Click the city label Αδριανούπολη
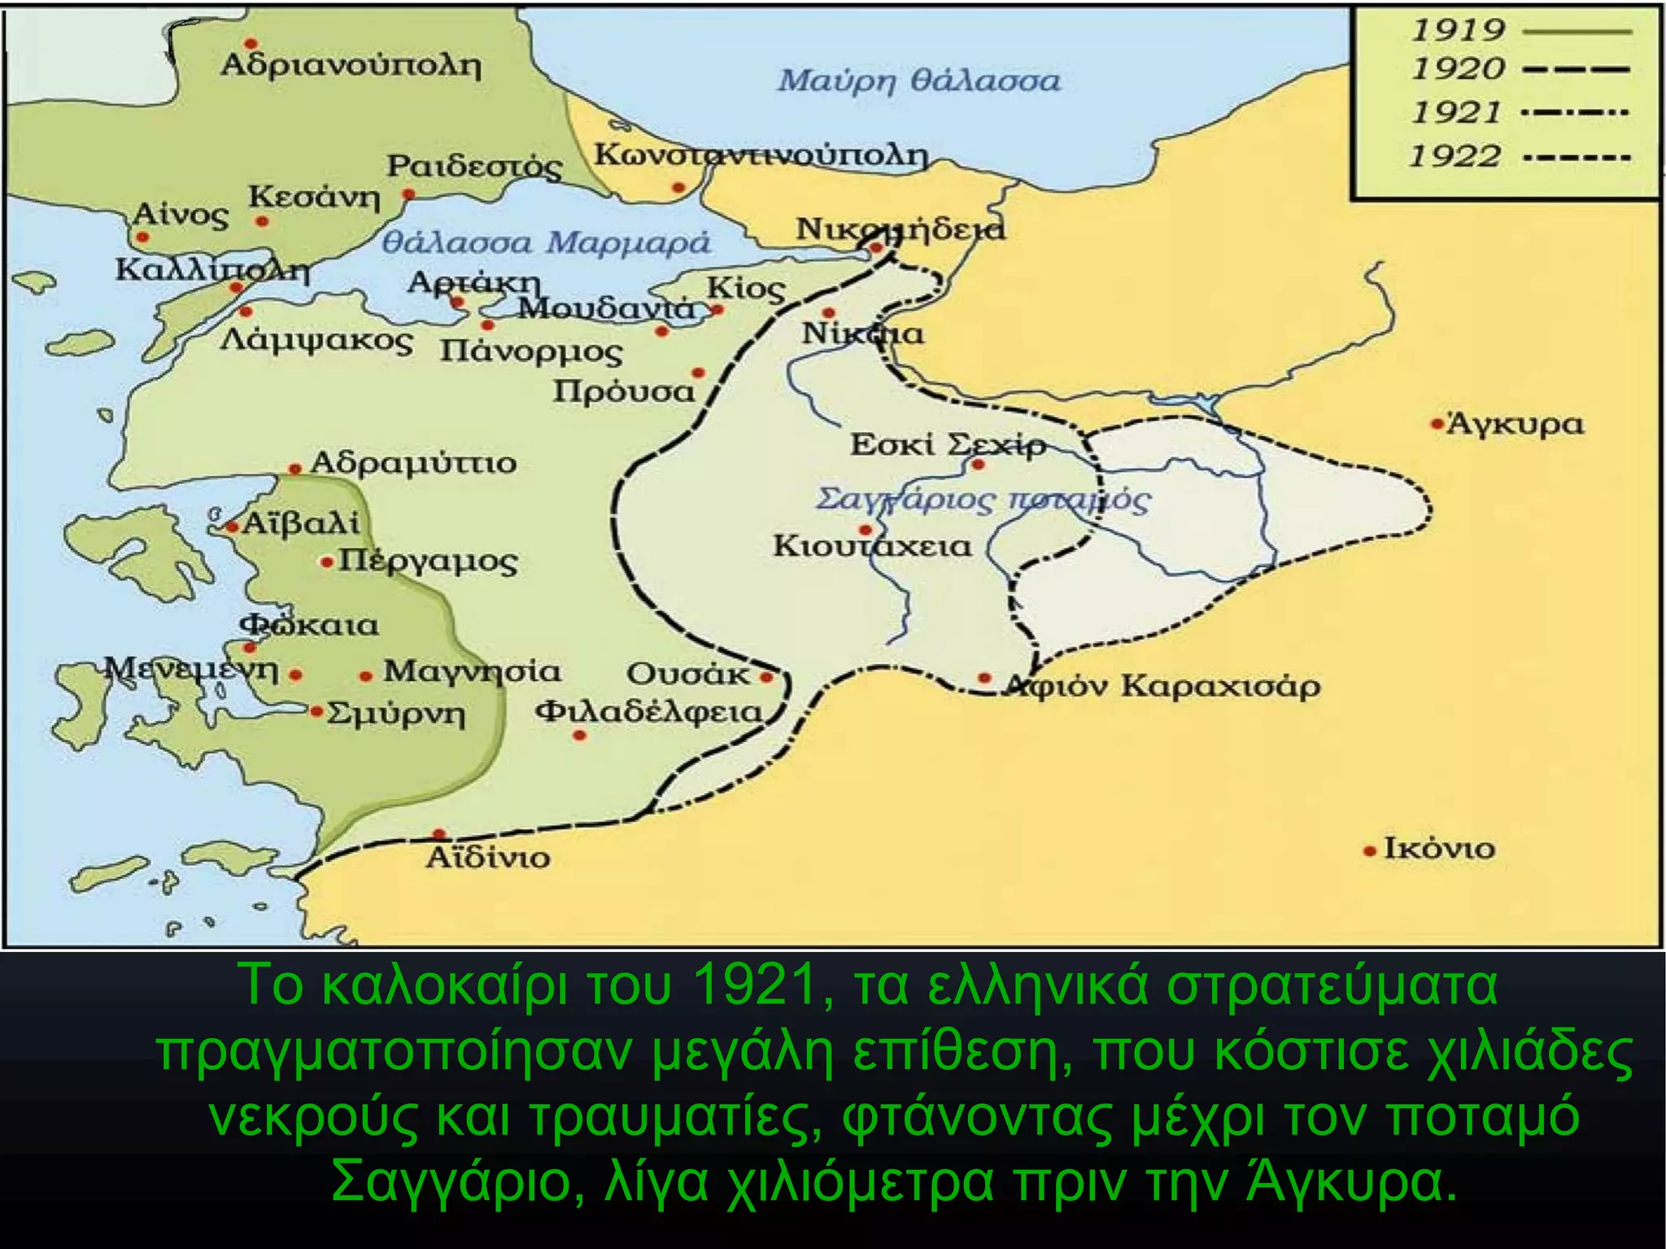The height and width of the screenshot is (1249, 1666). (x=351, y=65)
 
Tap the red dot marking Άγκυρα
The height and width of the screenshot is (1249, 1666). (x=1437, y=424)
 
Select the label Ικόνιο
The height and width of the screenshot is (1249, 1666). (x=1439, y=849)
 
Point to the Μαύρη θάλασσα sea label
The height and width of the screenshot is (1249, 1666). (x=918, y=81)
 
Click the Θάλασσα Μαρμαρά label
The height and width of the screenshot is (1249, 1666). (x=546, y=242)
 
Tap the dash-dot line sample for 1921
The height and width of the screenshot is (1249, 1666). (x=1575, y=112)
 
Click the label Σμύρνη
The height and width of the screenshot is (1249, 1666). (x=396, y=715)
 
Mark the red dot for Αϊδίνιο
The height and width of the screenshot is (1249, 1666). (x=439, y=834)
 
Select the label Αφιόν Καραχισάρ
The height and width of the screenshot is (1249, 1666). (x=1163, y=686)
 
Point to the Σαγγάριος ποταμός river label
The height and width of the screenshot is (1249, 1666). (x=983, y=499)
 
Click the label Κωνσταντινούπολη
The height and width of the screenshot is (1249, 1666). (x=761, y=154)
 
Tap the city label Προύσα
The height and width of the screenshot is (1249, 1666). (x=624, y=391)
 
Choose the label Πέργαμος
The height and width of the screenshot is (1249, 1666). (x=428, y=561)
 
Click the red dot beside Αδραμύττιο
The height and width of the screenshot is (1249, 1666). (x=295, y=469)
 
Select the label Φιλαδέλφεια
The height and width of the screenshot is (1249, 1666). (x=648, y=712)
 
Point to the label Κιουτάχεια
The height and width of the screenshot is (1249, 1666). (x=872, y=546)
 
